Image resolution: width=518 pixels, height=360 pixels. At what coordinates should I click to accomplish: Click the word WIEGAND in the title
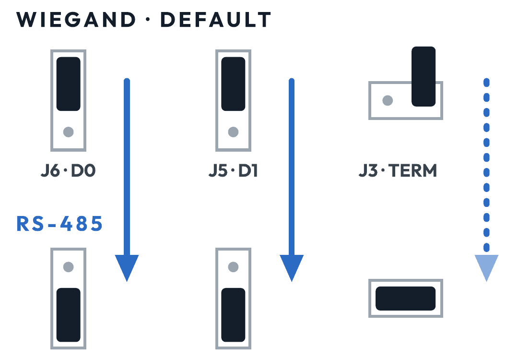pos(76,20)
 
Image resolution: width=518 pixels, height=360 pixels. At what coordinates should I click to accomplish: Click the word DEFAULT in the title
pos(216,20)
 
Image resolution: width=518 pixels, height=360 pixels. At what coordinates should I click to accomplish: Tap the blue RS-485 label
pos(59,224)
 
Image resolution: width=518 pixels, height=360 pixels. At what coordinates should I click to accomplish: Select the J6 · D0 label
pos(68,170)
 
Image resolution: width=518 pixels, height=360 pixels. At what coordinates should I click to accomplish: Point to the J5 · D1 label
pos(233,170)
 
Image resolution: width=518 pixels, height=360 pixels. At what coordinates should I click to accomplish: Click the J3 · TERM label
pos(398,170)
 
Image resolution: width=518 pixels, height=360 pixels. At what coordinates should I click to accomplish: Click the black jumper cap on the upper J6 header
pos(69,84)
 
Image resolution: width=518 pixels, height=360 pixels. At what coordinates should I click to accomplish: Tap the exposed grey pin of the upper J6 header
pos(69,132)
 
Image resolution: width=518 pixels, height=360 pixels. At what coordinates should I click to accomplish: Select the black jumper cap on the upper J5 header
pos(233,84)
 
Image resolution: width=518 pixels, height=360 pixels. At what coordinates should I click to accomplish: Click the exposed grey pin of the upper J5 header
pos(233,132)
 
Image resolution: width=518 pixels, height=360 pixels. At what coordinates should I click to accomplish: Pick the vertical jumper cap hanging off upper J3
pos(424,76)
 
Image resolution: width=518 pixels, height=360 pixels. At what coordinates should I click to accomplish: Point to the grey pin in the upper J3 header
pos(388,100)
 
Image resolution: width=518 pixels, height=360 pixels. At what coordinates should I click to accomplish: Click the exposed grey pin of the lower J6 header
pos(69,267)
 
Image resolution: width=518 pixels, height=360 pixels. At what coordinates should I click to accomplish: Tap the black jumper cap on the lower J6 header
pos(69,315)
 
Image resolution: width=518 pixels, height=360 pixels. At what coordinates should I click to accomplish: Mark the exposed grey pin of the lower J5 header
pos(233,267)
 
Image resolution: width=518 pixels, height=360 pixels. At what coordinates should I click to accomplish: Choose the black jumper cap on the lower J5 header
pos(233,315)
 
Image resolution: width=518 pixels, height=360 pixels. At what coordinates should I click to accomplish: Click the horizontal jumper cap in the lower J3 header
pos(406,299)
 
